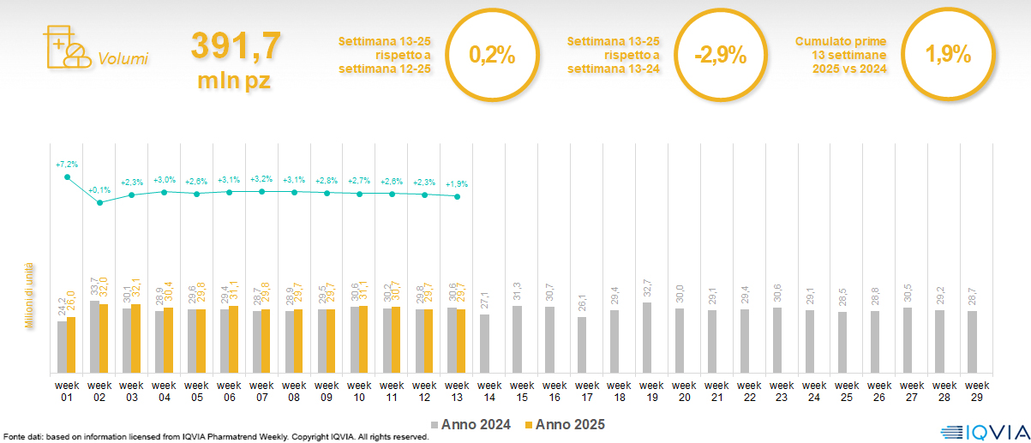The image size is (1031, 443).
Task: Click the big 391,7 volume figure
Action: coord(234,46)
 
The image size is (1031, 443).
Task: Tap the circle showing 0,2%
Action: coord(492,56)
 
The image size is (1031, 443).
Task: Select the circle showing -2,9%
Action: coord(720,56)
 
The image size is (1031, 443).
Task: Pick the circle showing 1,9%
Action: coord(948,56)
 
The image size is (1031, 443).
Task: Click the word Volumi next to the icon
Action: coord(123,59)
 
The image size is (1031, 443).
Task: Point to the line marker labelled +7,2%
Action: coord(68,177)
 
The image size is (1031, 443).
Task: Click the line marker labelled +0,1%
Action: coord(100,203)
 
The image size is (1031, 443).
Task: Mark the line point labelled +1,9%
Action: coord(458,197)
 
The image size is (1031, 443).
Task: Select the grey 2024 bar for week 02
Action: coord(95,337)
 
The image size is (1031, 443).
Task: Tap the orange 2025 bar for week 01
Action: coord(72,344)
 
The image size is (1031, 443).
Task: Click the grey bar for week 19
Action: coord(647,338)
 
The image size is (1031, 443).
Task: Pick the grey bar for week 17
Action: coord(582,344)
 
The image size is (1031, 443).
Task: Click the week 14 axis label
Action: coord(489,391)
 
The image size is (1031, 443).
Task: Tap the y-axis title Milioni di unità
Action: coord(28,296)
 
